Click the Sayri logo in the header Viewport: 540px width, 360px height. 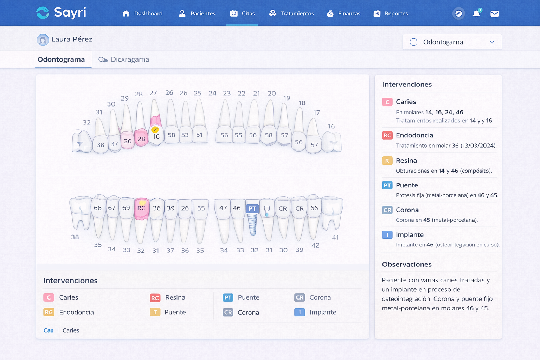point(61,13)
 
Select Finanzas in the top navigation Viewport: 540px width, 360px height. point(343,14)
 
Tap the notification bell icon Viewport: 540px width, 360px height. point(476,14)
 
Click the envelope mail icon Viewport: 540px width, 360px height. point(494,14)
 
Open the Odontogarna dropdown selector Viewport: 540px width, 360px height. point(452,42)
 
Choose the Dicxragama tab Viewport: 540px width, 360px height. point(124,59)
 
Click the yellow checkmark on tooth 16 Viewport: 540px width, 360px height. point(155,130)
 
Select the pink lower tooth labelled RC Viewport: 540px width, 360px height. point(141,208)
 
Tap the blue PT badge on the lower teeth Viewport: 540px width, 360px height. point(252,208)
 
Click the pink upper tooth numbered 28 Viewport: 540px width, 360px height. point(141,139)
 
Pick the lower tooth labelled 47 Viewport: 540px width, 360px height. point(223,208)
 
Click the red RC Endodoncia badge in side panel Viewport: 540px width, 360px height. point(387,135)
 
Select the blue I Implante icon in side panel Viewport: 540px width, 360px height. point(387,235)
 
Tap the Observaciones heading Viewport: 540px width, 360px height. point(407,264)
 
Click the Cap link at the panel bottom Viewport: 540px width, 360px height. point(49,330)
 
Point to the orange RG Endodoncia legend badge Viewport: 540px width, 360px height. point(49,312)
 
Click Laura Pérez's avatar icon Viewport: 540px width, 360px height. point(43,40)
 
